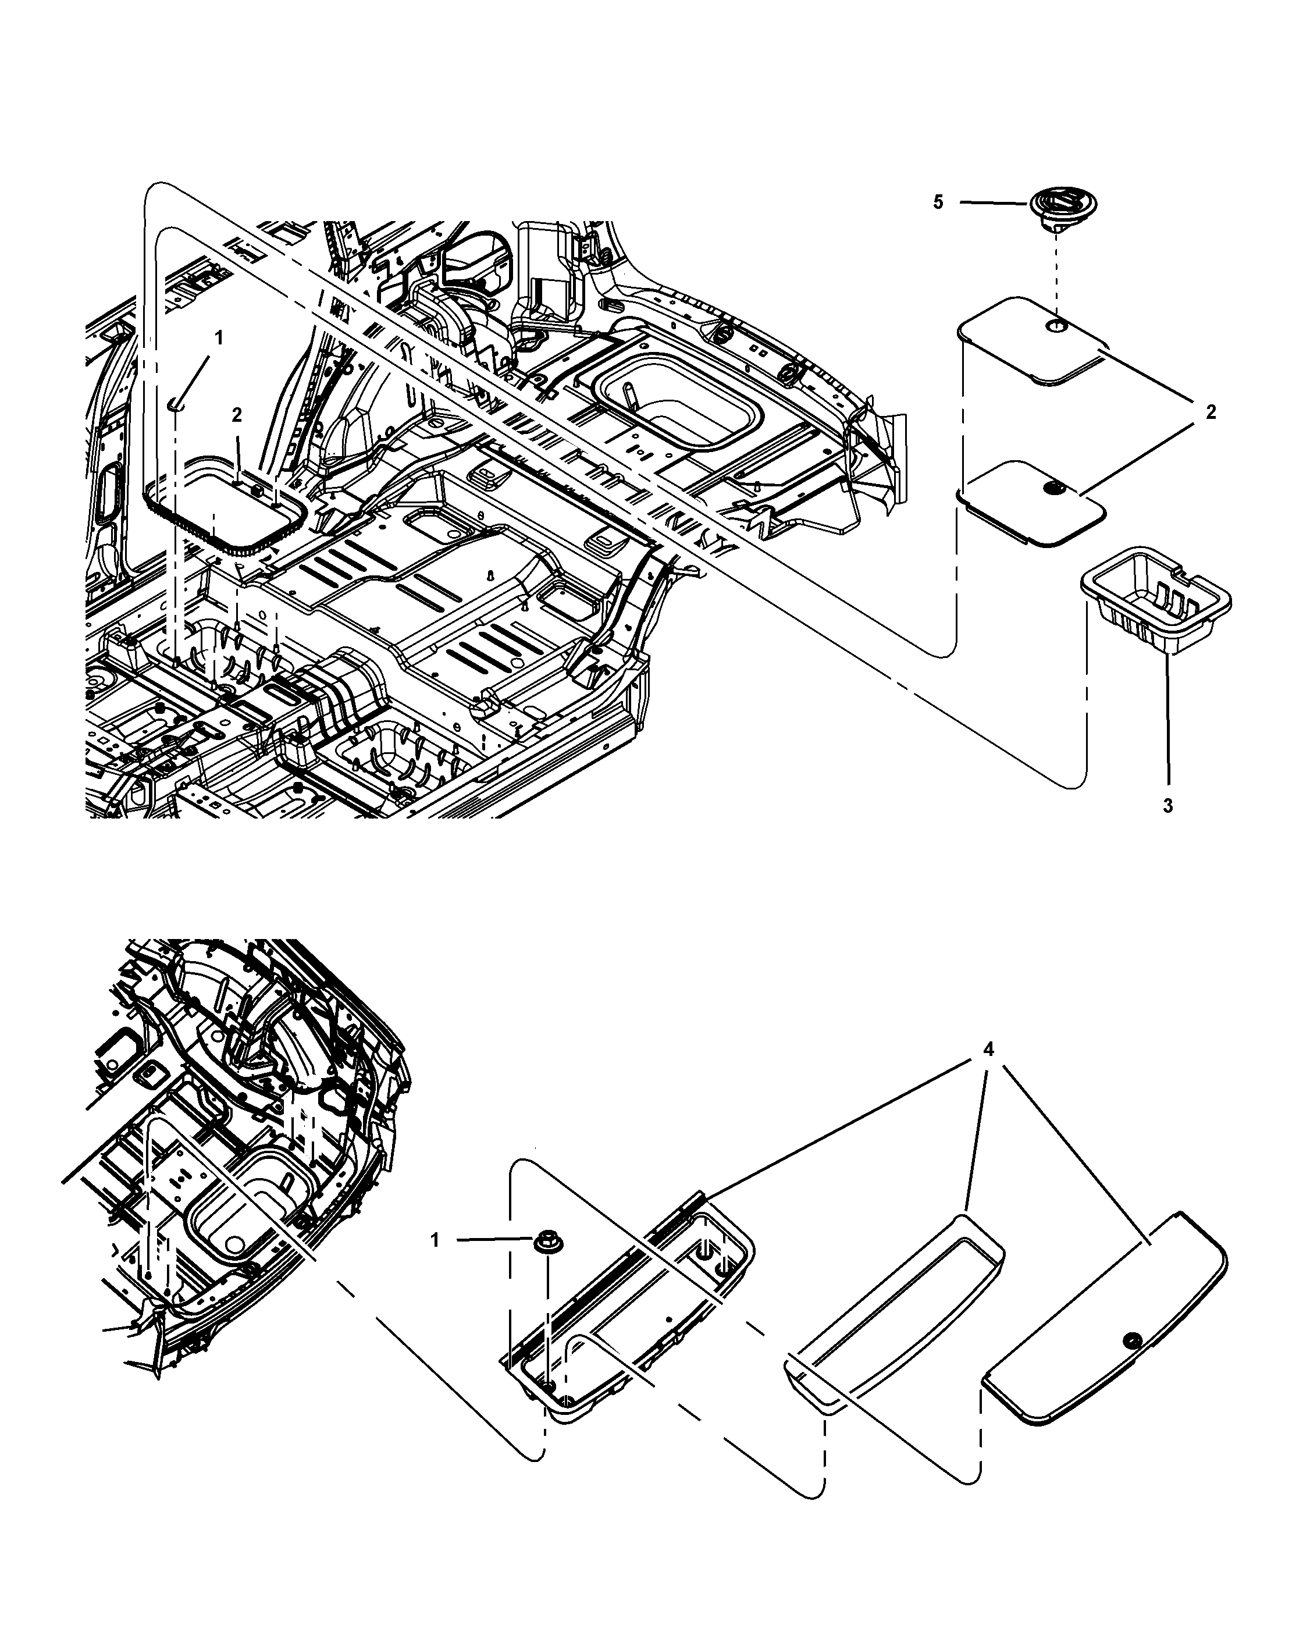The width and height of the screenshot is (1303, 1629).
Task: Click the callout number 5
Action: tap(938, 202)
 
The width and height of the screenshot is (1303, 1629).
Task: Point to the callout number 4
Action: tap(989, 1049)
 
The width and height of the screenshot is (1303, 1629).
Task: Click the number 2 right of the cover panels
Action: tap(1211, 412)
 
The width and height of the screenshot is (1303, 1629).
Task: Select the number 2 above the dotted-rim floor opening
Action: tap(237, 415)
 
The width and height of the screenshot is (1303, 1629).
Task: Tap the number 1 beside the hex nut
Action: tap(435, 1240)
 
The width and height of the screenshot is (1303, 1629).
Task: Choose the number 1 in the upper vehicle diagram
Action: tap(219, 338)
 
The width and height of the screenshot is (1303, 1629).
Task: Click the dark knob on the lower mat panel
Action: tap(1052, 489)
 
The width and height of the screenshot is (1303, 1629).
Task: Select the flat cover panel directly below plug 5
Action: tap(1031, 344)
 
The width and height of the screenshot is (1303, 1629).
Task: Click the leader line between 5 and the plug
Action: tap(995, 202)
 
